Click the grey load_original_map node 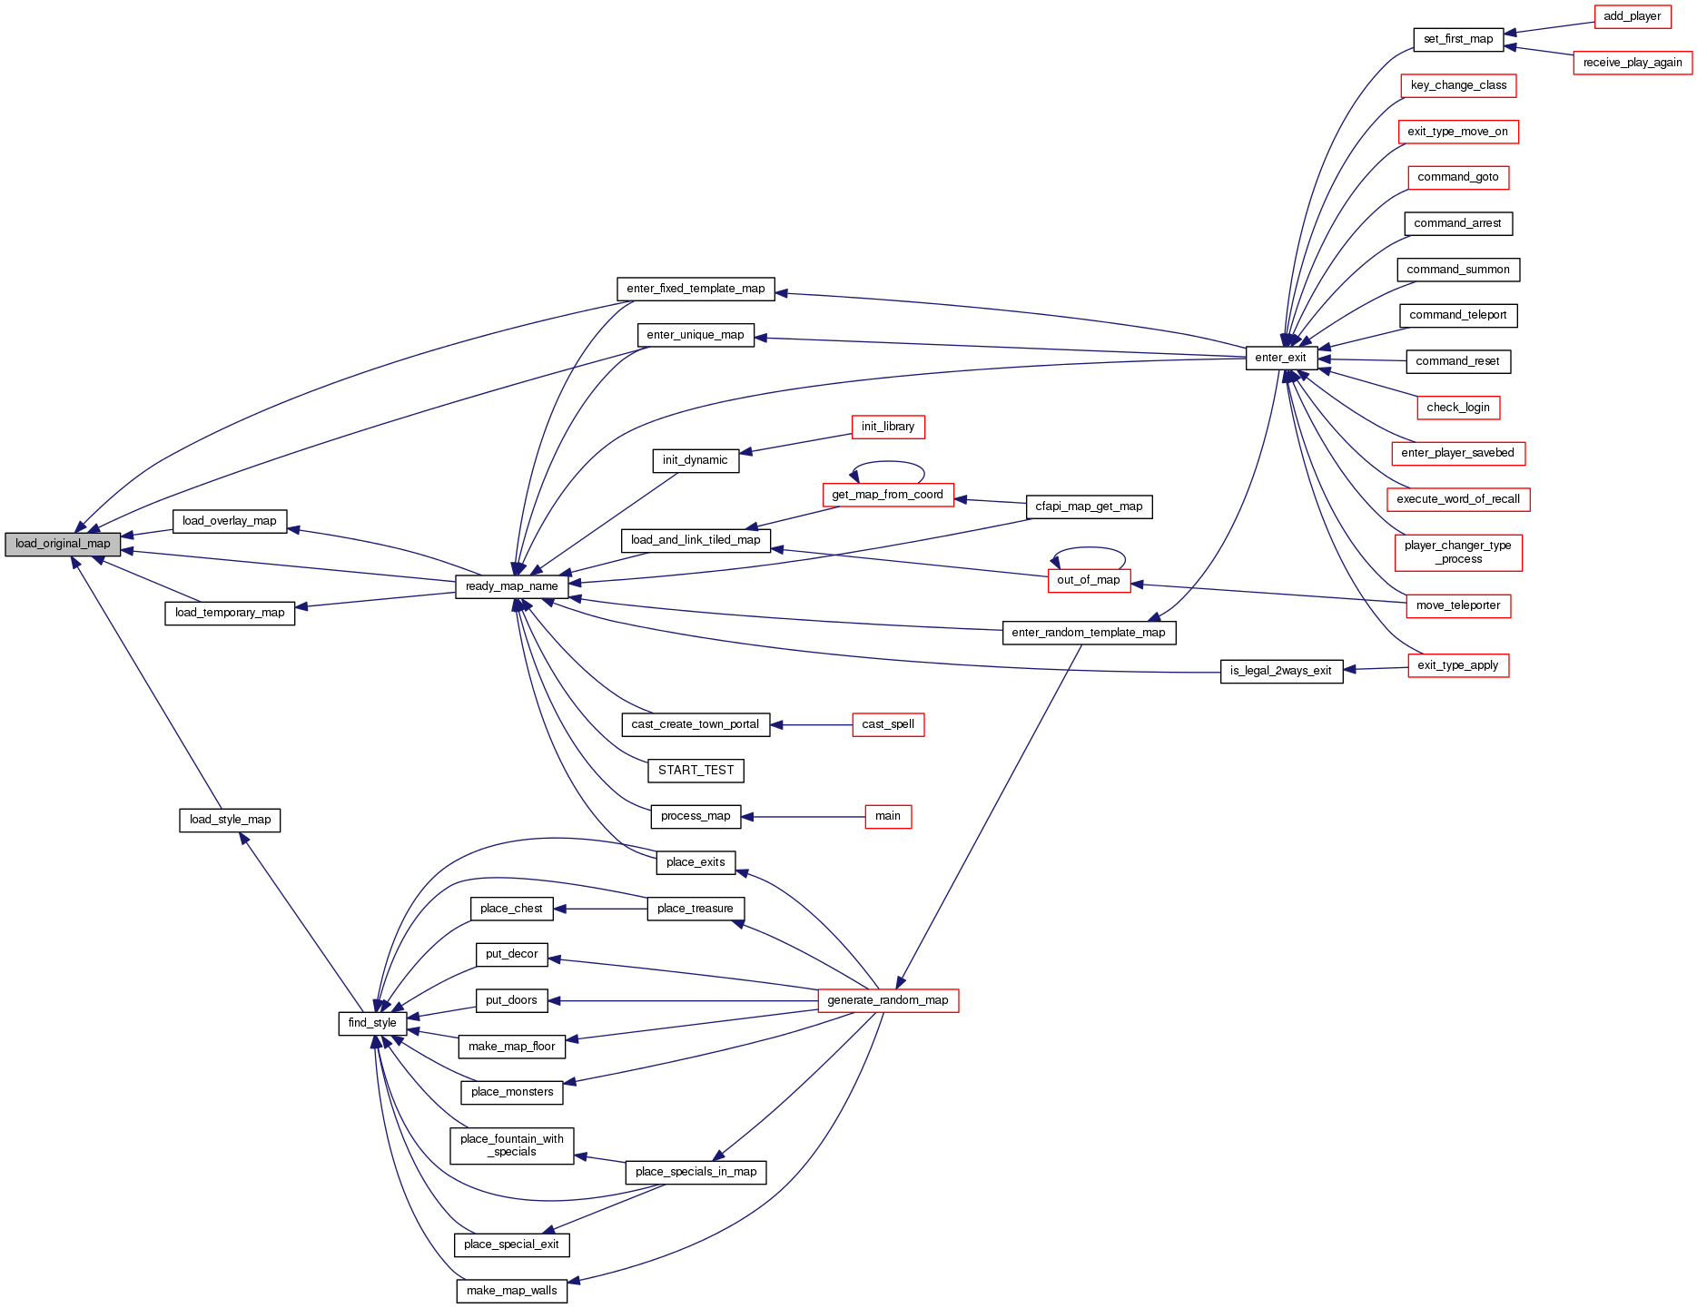(63, 544)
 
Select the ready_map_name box (512, 586)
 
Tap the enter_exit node (1281, 358)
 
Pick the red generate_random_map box (888, 1000)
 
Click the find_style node (372, 1023)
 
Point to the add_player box (1633, 16)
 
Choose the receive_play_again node (1633, 63)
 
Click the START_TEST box (696, 771)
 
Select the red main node (888, 816)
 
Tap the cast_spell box (888, 724)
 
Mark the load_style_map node (230, 820)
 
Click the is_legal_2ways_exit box (1281, 671)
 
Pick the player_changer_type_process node (1458, 552)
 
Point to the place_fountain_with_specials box (512, 1146)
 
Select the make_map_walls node (512, 1291)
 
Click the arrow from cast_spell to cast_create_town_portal (812, 725)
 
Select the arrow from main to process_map (804, 817)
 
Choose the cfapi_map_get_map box (1089, 506)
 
